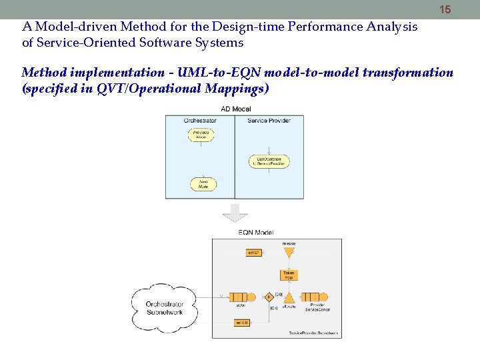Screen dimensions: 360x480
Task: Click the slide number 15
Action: point(445,9)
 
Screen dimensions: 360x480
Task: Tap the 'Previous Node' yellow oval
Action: point(201,134)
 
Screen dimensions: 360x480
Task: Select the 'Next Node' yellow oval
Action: point(203,184)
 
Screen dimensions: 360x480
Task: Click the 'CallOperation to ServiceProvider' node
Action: point(269,161)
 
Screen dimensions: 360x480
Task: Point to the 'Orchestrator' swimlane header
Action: point(200,120)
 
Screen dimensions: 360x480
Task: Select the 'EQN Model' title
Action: point(256,233)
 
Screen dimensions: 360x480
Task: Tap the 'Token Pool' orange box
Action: point(289,274)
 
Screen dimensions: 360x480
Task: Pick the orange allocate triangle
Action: point(289,297)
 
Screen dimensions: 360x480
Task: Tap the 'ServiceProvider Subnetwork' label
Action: point(313,332)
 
